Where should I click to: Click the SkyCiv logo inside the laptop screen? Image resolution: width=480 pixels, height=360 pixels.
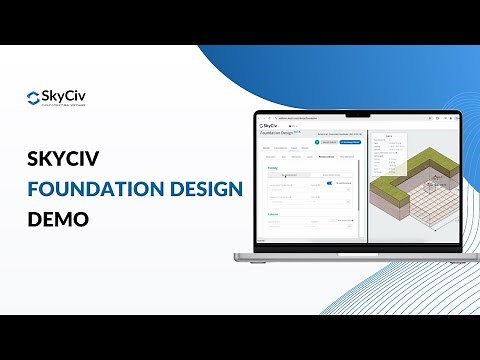(269, 126)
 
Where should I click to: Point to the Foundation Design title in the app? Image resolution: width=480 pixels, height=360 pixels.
(282, 134)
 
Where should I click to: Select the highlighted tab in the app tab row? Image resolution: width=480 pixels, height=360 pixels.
(326, 156)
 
